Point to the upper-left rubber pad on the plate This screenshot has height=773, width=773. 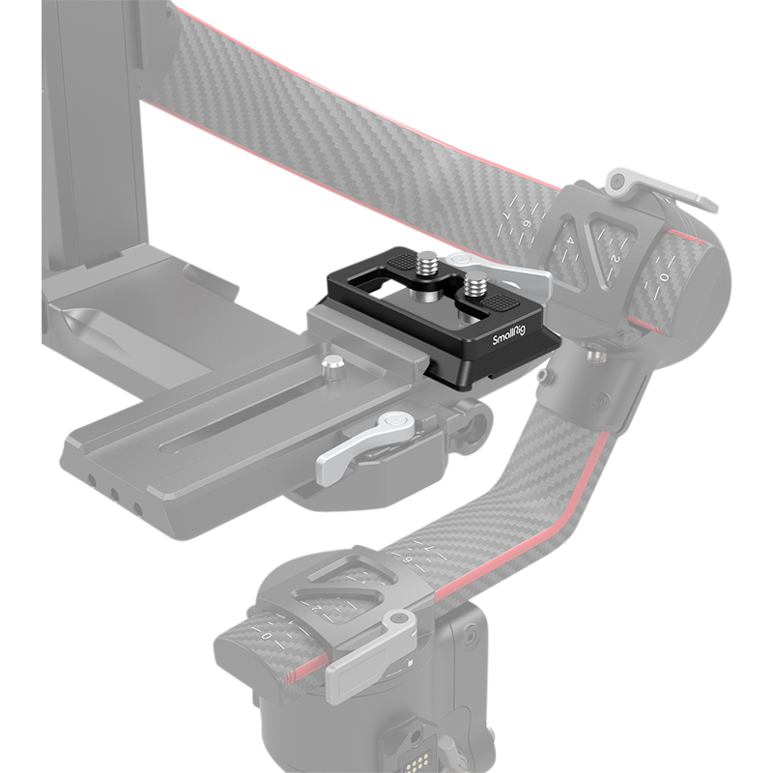coord(397,260)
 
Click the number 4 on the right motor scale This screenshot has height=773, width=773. coord(571,241)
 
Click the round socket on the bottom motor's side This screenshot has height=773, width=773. coord(471,634)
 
